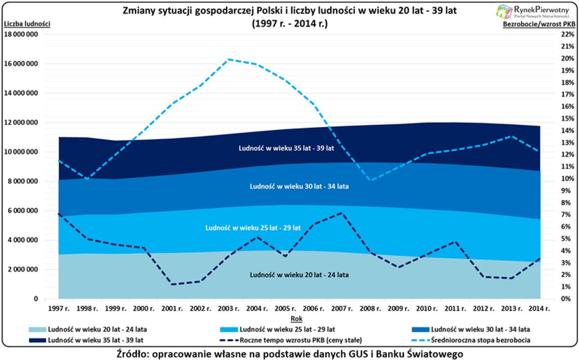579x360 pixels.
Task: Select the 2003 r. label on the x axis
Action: [x=229, y=309]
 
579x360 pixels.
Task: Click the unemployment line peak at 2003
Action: [x=229, y=59]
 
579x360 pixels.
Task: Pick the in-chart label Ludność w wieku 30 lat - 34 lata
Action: [x=299, y=186]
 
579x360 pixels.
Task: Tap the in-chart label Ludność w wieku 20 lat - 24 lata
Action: [x=299, y=274]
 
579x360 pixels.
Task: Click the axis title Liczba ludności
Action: [x=26, y=24]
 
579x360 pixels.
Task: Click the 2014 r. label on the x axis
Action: [x=539, y=309]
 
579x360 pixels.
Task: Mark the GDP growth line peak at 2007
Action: [x=342, y=213]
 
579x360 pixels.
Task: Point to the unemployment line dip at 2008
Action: [x=370, y=180]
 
